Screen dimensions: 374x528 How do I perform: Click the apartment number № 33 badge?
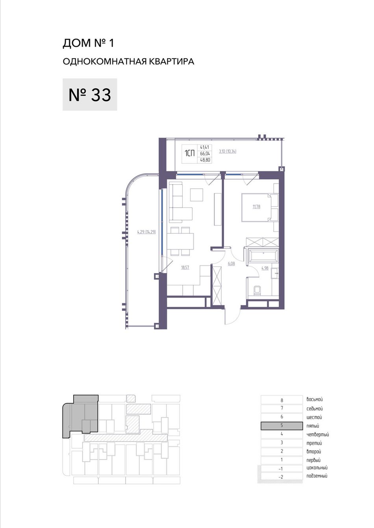coord(90,95)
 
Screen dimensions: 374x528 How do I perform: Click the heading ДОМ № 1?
coord(88,43)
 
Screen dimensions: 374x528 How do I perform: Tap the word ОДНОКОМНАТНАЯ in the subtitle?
coord(105,62)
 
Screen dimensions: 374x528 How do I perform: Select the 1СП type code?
coord(189,154)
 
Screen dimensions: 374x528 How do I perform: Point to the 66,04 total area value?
coord(205,154)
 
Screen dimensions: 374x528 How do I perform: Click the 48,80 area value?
coord(205,160)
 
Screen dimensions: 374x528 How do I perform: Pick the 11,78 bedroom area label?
coord(256,207)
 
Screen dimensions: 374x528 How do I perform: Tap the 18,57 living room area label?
coord(185,268)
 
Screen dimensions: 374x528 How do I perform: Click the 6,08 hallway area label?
coord(231,264)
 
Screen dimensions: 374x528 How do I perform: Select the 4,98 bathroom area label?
coord(265,268)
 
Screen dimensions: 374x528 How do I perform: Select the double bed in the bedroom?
coord(260,207)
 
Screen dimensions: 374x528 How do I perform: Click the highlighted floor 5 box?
coord(281,426)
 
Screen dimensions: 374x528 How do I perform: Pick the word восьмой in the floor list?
coord(315,400)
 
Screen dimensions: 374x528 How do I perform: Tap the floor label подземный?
coord(317,476)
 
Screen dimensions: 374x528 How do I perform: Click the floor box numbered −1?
coord(281,469)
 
